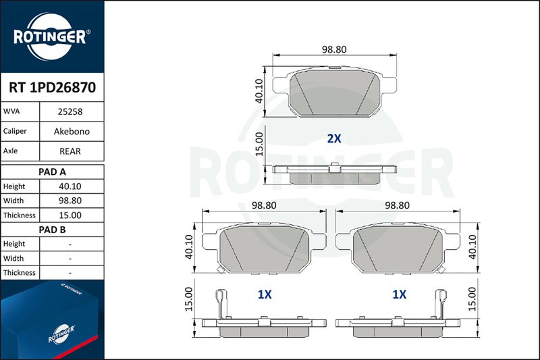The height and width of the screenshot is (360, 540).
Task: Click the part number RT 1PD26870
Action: pyautogui.click(x=53, y=88)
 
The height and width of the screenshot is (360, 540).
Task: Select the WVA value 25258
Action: pyautogui.click(x=70, y=111)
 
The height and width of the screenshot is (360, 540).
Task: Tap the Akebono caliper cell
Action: pyautogui.click(x=72, y=131)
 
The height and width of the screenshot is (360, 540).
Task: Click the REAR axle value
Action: pyautogui.click(x=70, y=151)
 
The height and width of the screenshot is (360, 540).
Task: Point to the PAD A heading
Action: pyautogui.click(x=52, y=172)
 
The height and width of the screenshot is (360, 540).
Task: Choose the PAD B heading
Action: pyautogui.click(x=52, y=230)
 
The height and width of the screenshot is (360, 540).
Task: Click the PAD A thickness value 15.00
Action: pyautogui.click(x=70, y=215)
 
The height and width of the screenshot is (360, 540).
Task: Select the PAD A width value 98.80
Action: pyautogui.click(x=70, y=201)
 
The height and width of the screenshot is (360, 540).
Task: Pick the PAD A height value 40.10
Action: pyautogui.click(x=70, y=186)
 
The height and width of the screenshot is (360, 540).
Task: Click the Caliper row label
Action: pyautogui.click(x=15, y=131)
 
